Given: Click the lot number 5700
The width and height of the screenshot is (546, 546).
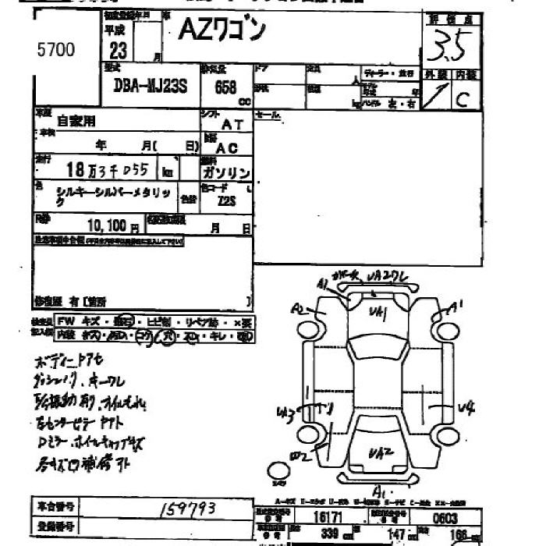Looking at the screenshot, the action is [x=56, y=51].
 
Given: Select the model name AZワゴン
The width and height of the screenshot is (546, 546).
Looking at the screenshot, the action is [x=222, y=31].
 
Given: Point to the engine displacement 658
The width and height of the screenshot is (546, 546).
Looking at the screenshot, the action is [x=225, y=87].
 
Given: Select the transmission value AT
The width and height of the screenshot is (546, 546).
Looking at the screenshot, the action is [x=232, y=124].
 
